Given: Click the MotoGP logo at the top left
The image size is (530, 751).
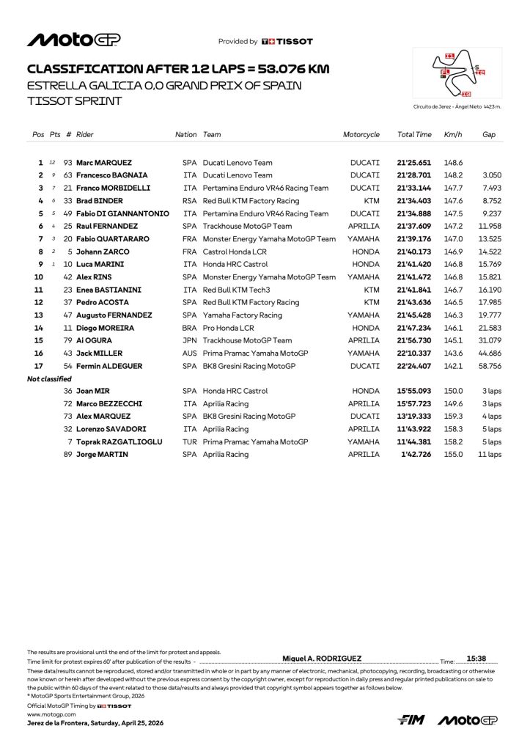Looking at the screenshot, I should pos(73,40).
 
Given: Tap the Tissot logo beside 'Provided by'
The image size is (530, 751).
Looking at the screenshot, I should pos(287,42).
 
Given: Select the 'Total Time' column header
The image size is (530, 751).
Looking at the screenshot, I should pos(414,135).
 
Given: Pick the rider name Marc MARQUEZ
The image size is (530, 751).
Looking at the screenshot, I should pos(104,163).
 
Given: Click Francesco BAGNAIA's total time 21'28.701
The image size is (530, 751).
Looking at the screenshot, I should pos(414,175).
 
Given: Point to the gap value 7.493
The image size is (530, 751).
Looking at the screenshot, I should pos(490,188).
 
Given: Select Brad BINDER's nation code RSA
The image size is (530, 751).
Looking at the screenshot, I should pos(189,201).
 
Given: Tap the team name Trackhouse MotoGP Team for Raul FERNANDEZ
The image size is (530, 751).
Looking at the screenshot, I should pos(247,226).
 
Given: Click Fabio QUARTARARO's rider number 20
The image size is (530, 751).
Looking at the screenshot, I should pos(68,239).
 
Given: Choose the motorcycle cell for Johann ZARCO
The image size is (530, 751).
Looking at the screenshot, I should pos(365,252).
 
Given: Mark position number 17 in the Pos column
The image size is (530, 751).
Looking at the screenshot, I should pos(39,366).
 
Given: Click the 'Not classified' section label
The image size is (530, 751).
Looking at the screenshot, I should pos(49,379).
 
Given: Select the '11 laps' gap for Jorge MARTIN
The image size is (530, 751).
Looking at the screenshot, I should pos(490,455).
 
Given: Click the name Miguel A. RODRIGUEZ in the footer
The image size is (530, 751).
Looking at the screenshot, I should pos(322,659).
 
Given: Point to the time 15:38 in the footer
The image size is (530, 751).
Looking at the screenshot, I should pos(476,659).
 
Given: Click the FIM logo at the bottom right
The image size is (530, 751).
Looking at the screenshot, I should pos(412,720).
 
